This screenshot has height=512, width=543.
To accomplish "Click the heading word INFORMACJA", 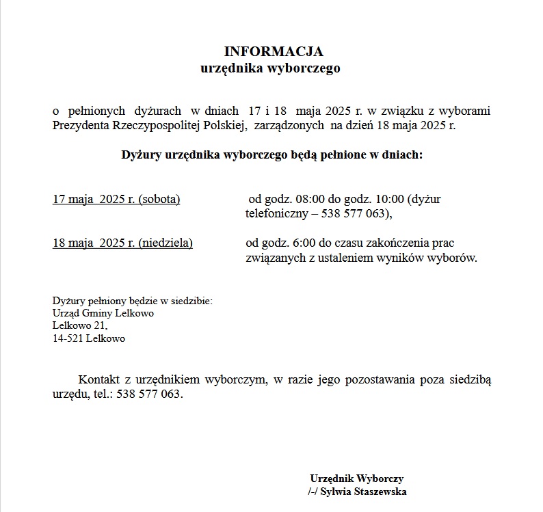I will point(274,52).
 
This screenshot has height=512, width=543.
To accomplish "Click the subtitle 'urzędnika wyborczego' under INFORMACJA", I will point(270,68).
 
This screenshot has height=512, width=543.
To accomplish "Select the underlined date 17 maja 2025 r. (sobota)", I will point(116,200).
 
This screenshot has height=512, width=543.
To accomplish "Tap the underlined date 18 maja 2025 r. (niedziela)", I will point(122,243).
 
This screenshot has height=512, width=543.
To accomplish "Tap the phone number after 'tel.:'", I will point(148,394).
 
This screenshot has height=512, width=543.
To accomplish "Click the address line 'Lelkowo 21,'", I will point(80,325).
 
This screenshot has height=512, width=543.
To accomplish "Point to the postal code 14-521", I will point(67,338).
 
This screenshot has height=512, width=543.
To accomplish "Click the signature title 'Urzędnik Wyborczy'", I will point(356,479).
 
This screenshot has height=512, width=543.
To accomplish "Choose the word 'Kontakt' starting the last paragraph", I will point(100,379).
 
